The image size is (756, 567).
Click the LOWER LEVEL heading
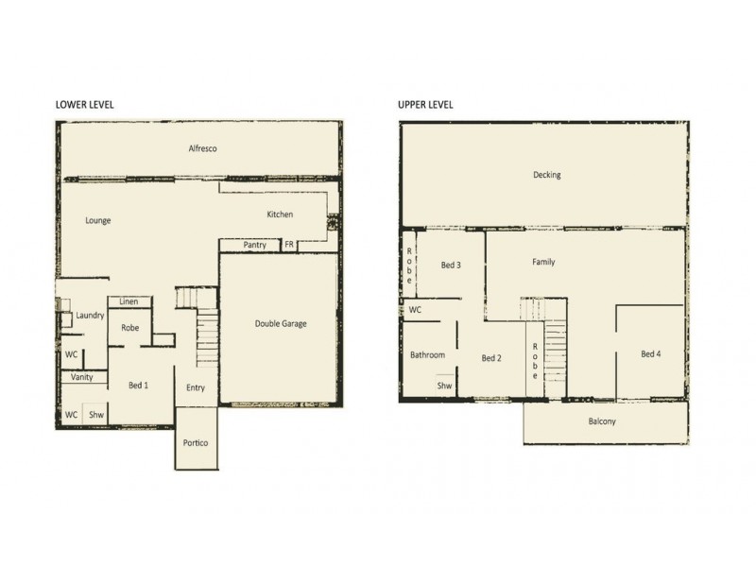85,105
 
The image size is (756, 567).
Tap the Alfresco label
199,148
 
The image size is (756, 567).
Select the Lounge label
98,221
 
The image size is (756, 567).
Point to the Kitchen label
280,215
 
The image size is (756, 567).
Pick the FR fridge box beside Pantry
289,246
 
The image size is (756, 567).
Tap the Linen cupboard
129,301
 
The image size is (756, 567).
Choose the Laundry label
90,316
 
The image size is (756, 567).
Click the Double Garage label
281,324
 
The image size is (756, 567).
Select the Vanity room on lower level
82,377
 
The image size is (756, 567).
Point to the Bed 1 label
138,386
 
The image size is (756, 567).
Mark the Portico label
196,443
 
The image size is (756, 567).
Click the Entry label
196,387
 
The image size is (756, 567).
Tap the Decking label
546,175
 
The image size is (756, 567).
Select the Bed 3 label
451,266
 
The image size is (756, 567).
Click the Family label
543,262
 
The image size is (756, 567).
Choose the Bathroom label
427,355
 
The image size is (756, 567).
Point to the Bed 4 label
650,354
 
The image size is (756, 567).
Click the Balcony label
602,421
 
